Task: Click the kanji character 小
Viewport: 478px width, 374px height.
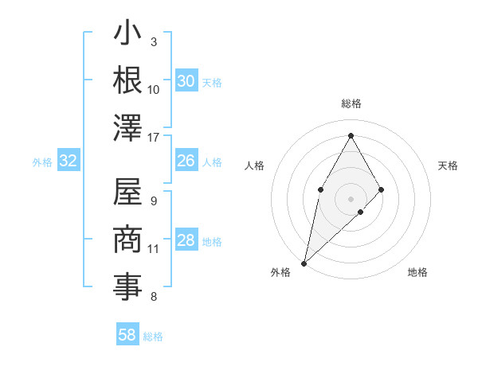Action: coord(127,36)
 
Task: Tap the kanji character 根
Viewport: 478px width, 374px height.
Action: coord(127,80)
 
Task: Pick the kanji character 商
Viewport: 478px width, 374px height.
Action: coord(127,240)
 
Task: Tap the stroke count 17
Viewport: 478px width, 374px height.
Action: coord(154,137)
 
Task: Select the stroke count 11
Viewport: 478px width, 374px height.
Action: coord(154,249)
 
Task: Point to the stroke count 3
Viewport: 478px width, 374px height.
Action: coord(154,41)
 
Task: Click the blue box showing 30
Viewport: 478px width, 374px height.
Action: coord(186,81)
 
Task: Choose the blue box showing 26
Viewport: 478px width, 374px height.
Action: coord(186,161)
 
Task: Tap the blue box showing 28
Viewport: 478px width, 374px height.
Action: coord(186,241)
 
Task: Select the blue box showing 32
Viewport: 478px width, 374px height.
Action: coord(69,162)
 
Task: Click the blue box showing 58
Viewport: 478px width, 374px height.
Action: coord(127,334)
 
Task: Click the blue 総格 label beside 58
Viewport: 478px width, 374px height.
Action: coord(153,337)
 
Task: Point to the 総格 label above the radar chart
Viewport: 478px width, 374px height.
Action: coord(351,103)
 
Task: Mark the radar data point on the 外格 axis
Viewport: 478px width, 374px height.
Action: coord(304,263)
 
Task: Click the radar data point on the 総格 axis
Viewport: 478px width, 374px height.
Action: coord(351,135)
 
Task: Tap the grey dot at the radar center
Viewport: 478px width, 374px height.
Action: coord(351,197)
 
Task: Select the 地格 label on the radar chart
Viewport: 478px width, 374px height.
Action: coord(417,272)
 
